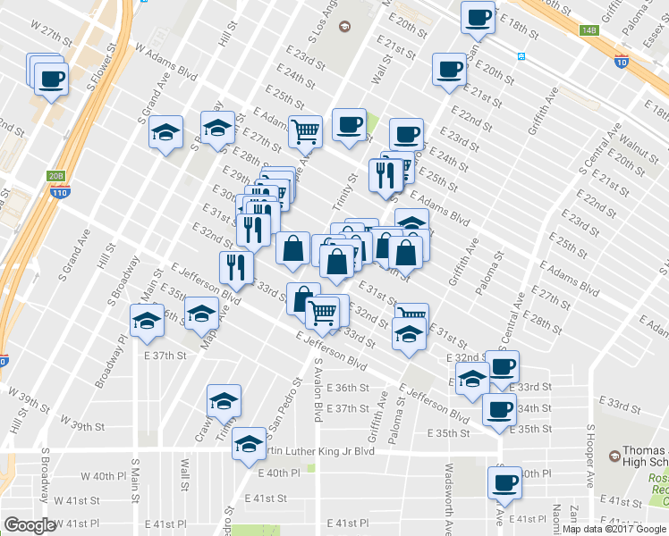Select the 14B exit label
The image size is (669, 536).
tap(588, 30)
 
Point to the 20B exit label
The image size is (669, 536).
tap(56, 176)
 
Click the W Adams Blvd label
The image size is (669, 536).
tap(165, 61)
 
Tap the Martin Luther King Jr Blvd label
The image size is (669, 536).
tap(313, 451)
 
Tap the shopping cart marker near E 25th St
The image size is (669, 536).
tap(307, 131)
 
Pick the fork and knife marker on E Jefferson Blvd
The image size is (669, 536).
tap(236, 265)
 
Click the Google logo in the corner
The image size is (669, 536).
tap(30, 525)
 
